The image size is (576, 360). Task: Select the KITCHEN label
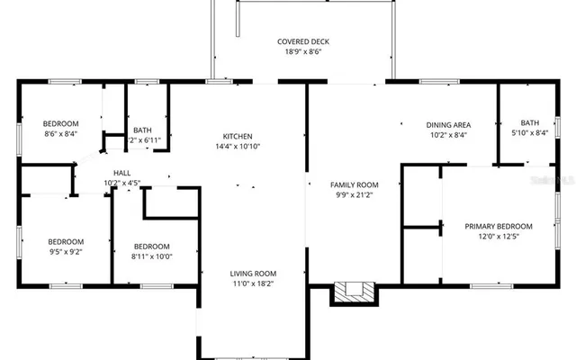238,136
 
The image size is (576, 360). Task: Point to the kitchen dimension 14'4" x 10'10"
238,147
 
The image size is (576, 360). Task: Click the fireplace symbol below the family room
355,292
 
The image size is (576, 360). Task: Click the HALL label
121,173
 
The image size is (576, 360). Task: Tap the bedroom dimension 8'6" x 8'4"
60,134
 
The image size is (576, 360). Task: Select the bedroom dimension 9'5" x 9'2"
66,253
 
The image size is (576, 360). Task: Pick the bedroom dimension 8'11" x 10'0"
152,256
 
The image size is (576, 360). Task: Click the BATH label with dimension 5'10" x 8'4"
529,122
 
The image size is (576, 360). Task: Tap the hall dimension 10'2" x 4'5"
121,184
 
